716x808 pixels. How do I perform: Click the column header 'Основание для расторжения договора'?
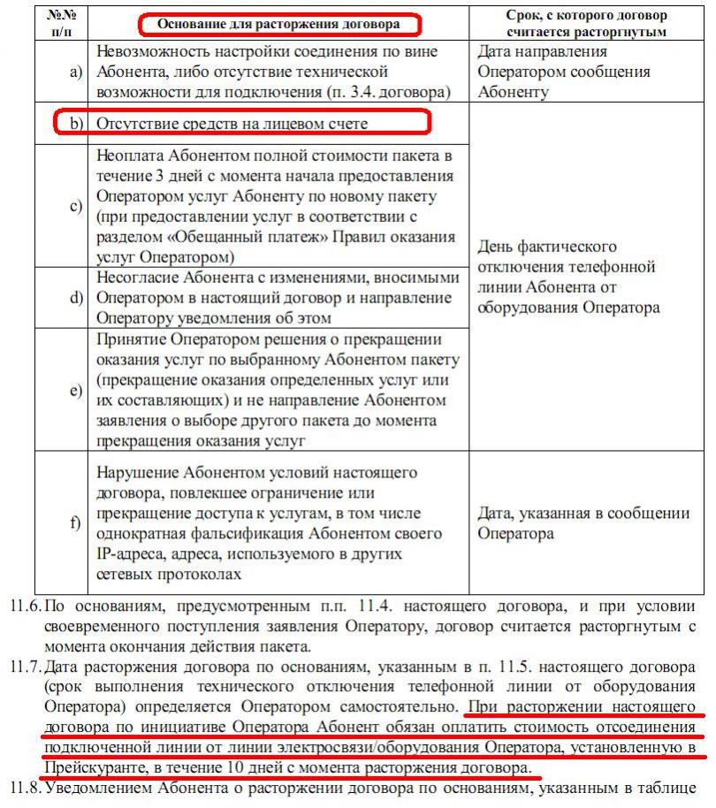[x=278, y=25]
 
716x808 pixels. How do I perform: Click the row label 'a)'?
[x=76, y=71]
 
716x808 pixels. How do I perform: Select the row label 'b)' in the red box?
[x=76, y=124]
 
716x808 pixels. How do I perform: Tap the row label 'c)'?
[x=76, y=206]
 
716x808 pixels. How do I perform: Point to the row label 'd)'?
[x=76, y=297]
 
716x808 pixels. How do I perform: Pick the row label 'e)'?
[x=76, y=390]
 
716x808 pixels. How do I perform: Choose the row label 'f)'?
[x=76, y=522]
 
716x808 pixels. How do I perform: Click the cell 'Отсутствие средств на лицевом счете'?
[x=232, y=124]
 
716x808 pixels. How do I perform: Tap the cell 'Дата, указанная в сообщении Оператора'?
[x=583, y=522]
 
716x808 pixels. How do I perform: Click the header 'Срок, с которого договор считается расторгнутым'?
[x=587, y=24]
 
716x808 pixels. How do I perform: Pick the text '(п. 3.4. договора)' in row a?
[x=390, y=91]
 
